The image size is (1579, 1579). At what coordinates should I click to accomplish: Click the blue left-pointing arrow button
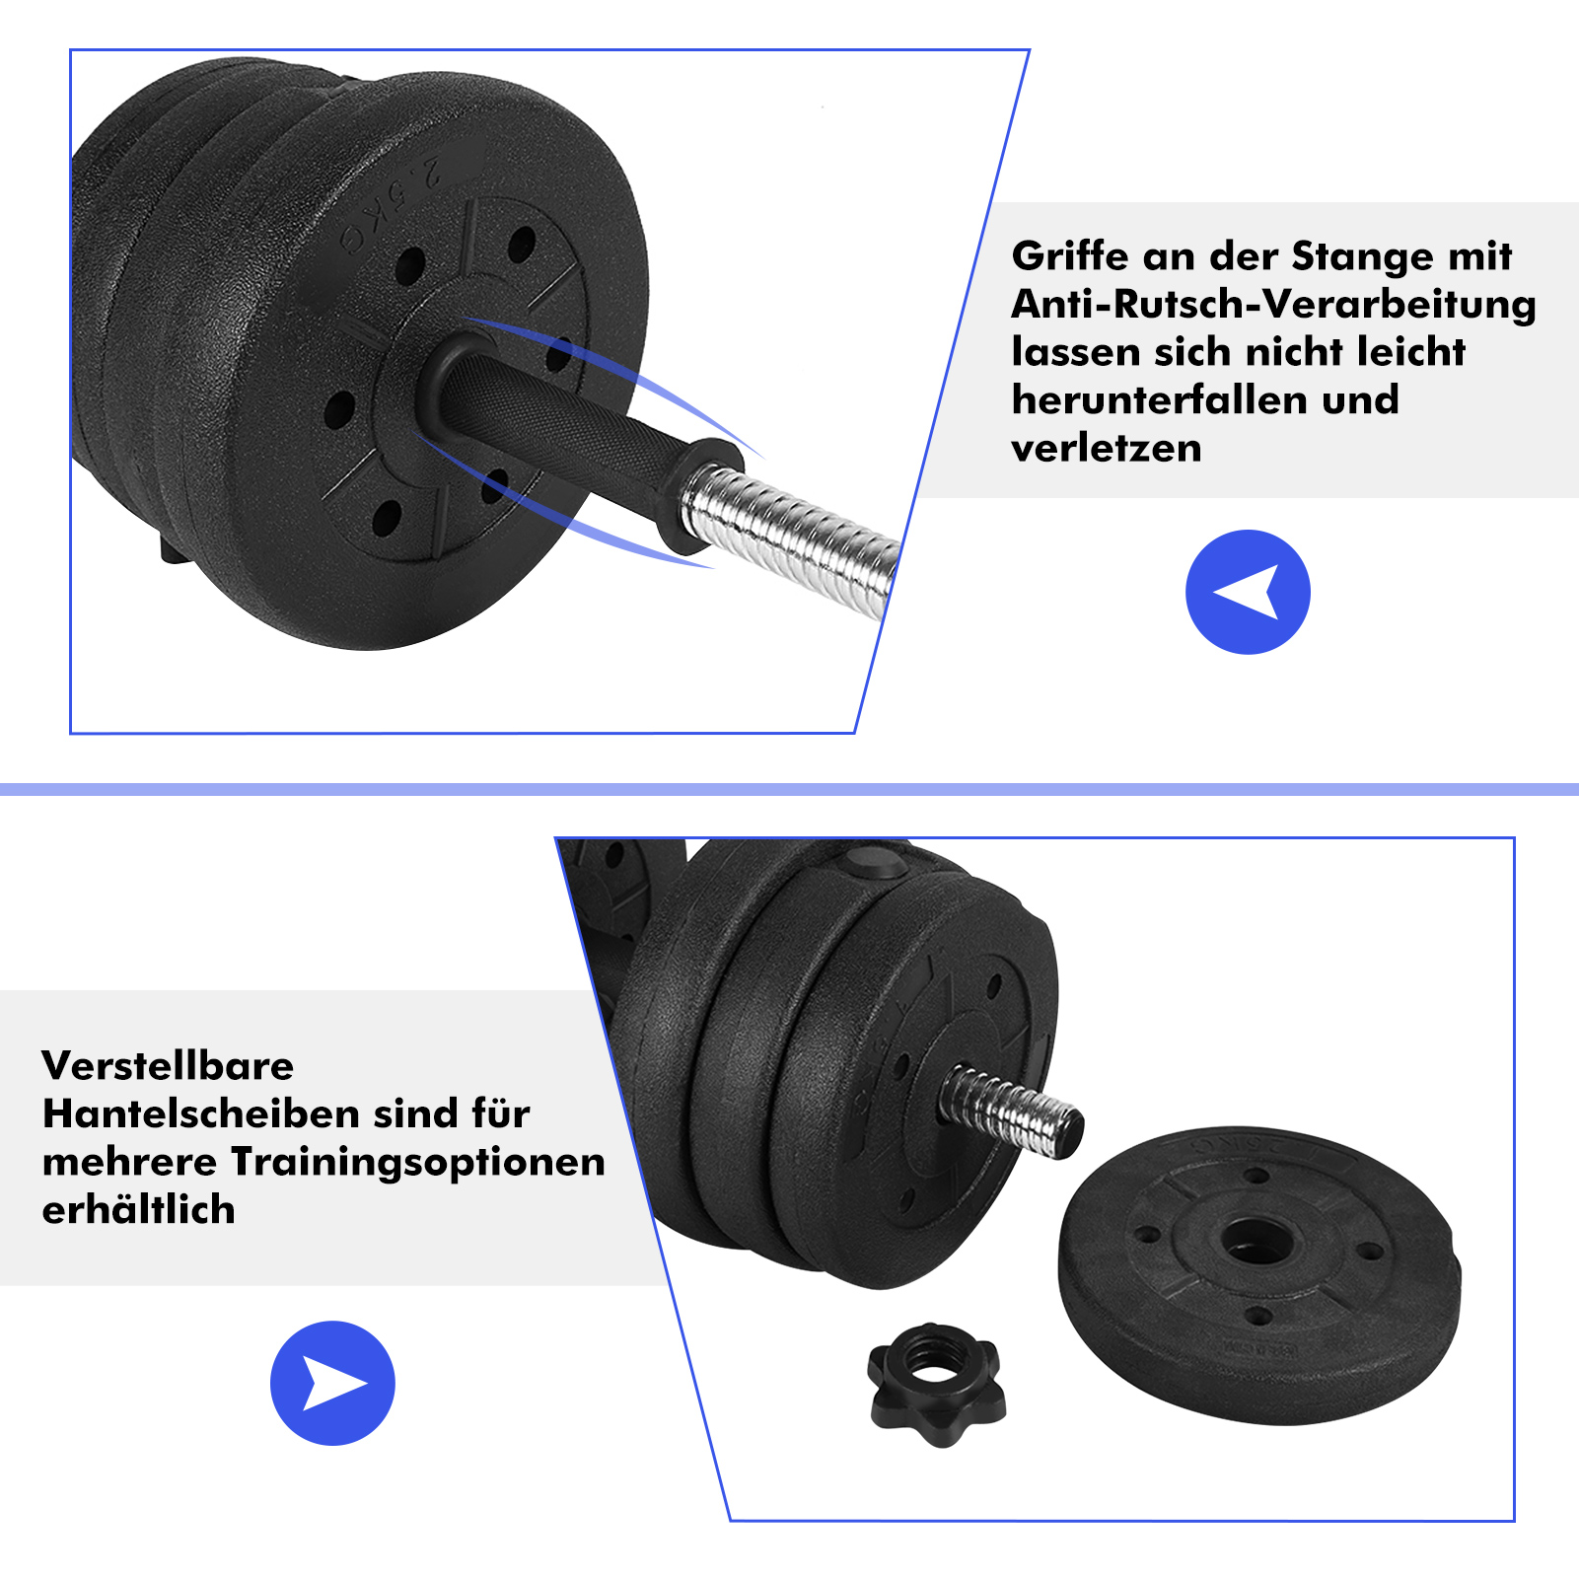[x=1248, y=592]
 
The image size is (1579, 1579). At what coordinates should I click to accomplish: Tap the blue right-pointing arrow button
[x=332, y=1383]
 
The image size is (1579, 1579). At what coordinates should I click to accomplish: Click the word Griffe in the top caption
[x=1070, y=256]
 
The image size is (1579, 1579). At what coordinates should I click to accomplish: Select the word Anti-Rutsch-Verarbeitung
[x=1273, y=305]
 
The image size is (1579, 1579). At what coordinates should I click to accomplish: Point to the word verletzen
[x=1107, y=449]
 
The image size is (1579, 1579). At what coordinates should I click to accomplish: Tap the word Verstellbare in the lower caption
[x=168, y=1066]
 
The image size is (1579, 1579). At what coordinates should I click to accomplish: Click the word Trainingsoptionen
[x=418, y=1163]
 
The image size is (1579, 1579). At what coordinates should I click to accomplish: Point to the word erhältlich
[x=139, y=1210]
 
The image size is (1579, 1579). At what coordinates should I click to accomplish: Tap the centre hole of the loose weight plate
[x=1255, y=1239]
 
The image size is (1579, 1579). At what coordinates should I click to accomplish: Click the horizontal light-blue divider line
[x=789, y=789]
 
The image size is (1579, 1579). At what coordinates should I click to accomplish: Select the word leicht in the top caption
[x=1410, y=352]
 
